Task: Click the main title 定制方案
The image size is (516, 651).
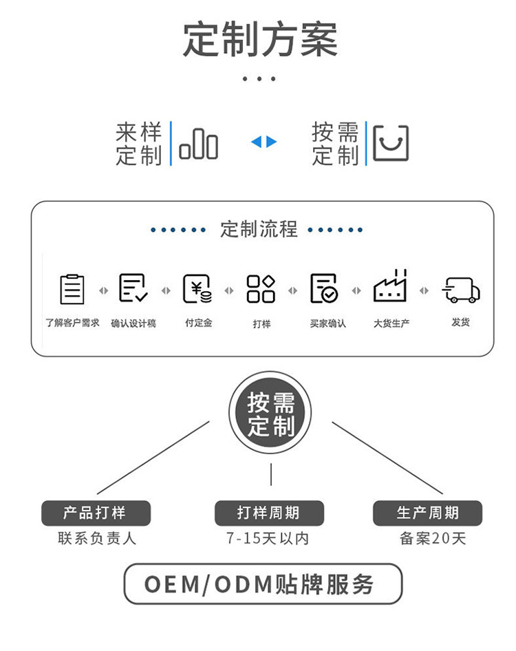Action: coord(260,39)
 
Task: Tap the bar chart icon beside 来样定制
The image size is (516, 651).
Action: coord(198,144)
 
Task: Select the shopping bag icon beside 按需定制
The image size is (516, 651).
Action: coord(391,143)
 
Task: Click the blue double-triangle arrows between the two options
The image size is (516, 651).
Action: coord(264,142)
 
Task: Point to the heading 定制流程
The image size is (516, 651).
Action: coord(259,229)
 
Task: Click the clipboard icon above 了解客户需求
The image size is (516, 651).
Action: coord(72,289)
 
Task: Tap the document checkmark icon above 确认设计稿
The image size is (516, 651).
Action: coord(133,288)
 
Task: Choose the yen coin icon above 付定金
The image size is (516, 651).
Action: coord(197,288)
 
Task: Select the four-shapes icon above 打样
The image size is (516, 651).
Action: coord(261,288)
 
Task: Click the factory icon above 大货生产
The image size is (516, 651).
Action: coord(390,286)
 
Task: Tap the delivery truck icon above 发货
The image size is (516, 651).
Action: coord(461,290)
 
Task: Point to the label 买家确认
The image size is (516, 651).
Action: coord(328,323)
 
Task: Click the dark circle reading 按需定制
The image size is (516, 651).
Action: coord(270,413)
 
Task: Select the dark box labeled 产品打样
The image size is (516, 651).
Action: coord(96,513)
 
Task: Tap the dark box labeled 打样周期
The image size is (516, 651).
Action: coord(269,513)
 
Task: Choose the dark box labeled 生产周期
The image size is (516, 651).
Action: coord(427,513)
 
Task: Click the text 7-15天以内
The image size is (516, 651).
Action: coord(268,539)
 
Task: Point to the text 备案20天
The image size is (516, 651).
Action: coord(433,539)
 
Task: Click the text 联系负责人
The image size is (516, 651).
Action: coord(97,539)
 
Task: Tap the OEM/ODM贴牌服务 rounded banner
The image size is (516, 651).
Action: coord(263,584)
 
